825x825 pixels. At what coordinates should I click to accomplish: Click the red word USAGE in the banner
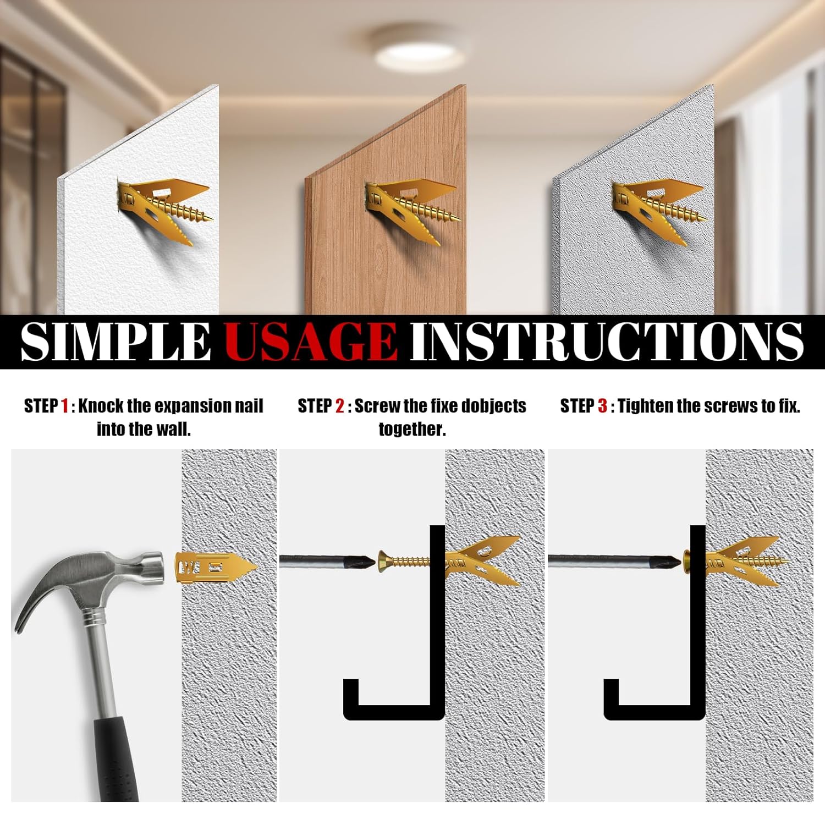[x=311, y=341]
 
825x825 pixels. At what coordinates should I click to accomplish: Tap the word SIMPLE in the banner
[x=116, y=341]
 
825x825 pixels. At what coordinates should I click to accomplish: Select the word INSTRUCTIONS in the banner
[x=607, y=341]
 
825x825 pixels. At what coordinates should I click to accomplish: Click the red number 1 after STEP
[x=65, y=406]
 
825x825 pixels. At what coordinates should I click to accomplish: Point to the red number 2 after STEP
[x=339, y=406]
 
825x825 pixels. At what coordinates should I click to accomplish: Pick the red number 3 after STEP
[x=602, y=406]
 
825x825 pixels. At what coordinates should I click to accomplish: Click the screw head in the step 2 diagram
[x=384, y=562]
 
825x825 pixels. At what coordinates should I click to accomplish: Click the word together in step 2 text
[x=412, y=430]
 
